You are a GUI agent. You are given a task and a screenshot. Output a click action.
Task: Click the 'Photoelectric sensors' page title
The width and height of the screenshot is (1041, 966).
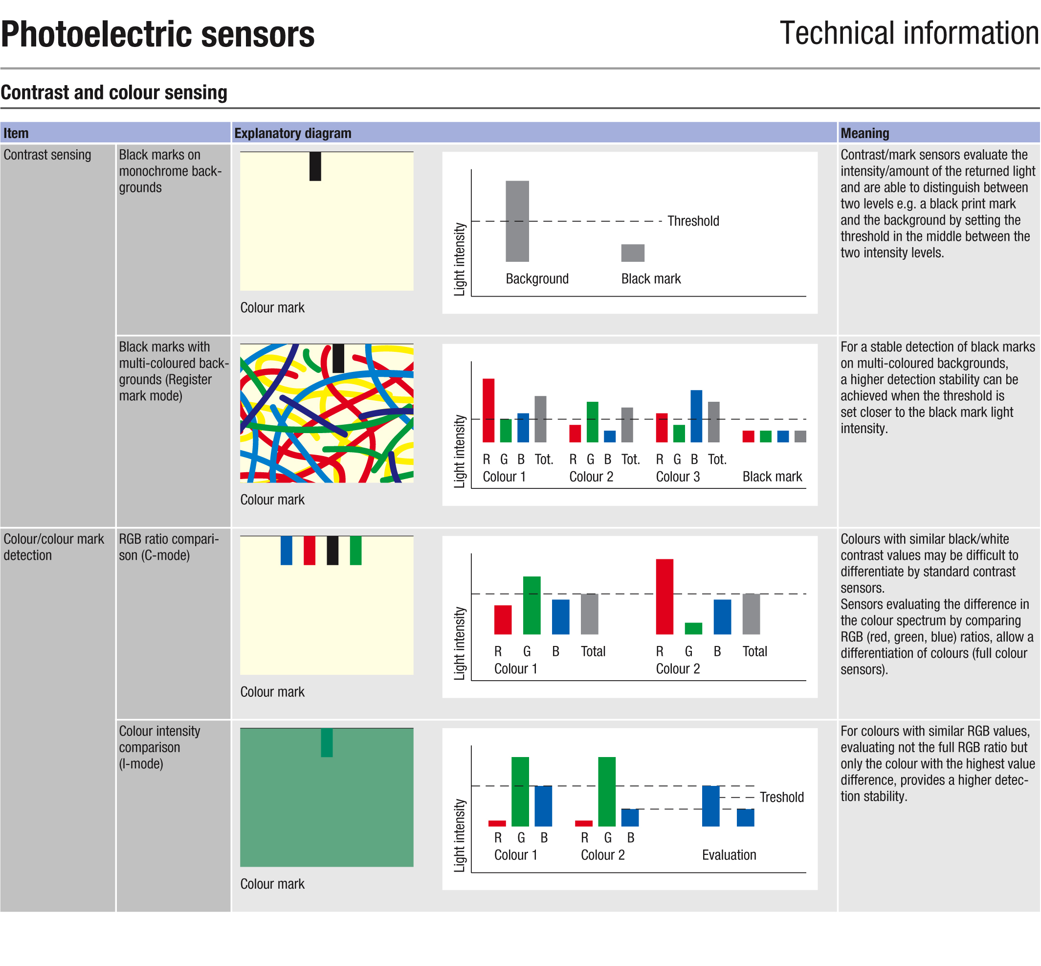pos(158,34)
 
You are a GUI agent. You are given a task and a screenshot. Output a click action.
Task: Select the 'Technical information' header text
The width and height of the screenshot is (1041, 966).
pos(909,33)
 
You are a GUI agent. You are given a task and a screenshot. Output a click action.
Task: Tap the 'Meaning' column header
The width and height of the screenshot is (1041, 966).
pos(864,133)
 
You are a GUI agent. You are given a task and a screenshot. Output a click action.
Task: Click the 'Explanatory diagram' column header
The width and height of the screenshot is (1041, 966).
pos(292,133)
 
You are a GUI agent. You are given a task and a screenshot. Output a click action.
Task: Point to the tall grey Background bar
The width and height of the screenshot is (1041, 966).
pos(517,221)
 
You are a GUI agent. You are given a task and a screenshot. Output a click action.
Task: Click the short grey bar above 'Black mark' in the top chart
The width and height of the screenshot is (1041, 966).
pos(633,253)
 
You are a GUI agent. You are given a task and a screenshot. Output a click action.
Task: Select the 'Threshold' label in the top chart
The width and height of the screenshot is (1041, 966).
pos(693,221)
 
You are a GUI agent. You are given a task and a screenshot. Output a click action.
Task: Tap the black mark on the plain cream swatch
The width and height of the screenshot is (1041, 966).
pos(315,166)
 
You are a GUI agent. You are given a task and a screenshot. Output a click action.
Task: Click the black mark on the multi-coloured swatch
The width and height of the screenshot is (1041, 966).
pos(338,358)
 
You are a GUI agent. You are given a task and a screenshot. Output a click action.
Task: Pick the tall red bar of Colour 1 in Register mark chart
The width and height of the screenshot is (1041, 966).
pos(488,411)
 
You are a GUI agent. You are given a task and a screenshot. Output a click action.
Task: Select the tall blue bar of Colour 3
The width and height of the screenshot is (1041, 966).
pos(696,416)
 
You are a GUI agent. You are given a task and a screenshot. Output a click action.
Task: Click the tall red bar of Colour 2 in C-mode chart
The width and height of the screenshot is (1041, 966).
pos(664,597)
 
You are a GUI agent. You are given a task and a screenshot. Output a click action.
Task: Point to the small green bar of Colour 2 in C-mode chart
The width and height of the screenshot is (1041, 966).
pos(693,628)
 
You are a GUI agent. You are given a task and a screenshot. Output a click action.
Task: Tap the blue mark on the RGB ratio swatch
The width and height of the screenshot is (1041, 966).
pos(286,551)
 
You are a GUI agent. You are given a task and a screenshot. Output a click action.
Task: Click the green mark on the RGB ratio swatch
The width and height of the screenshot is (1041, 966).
pos(355,551)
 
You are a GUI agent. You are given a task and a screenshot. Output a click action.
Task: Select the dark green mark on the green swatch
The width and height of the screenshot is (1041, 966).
pos(327,742)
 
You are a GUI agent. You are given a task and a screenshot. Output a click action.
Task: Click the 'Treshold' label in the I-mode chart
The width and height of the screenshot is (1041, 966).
pos(781,797)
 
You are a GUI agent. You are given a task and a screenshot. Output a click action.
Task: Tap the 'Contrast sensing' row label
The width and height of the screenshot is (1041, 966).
pos(47,155)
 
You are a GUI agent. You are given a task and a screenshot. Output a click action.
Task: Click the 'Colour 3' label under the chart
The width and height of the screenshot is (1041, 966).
pos(678,477)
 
